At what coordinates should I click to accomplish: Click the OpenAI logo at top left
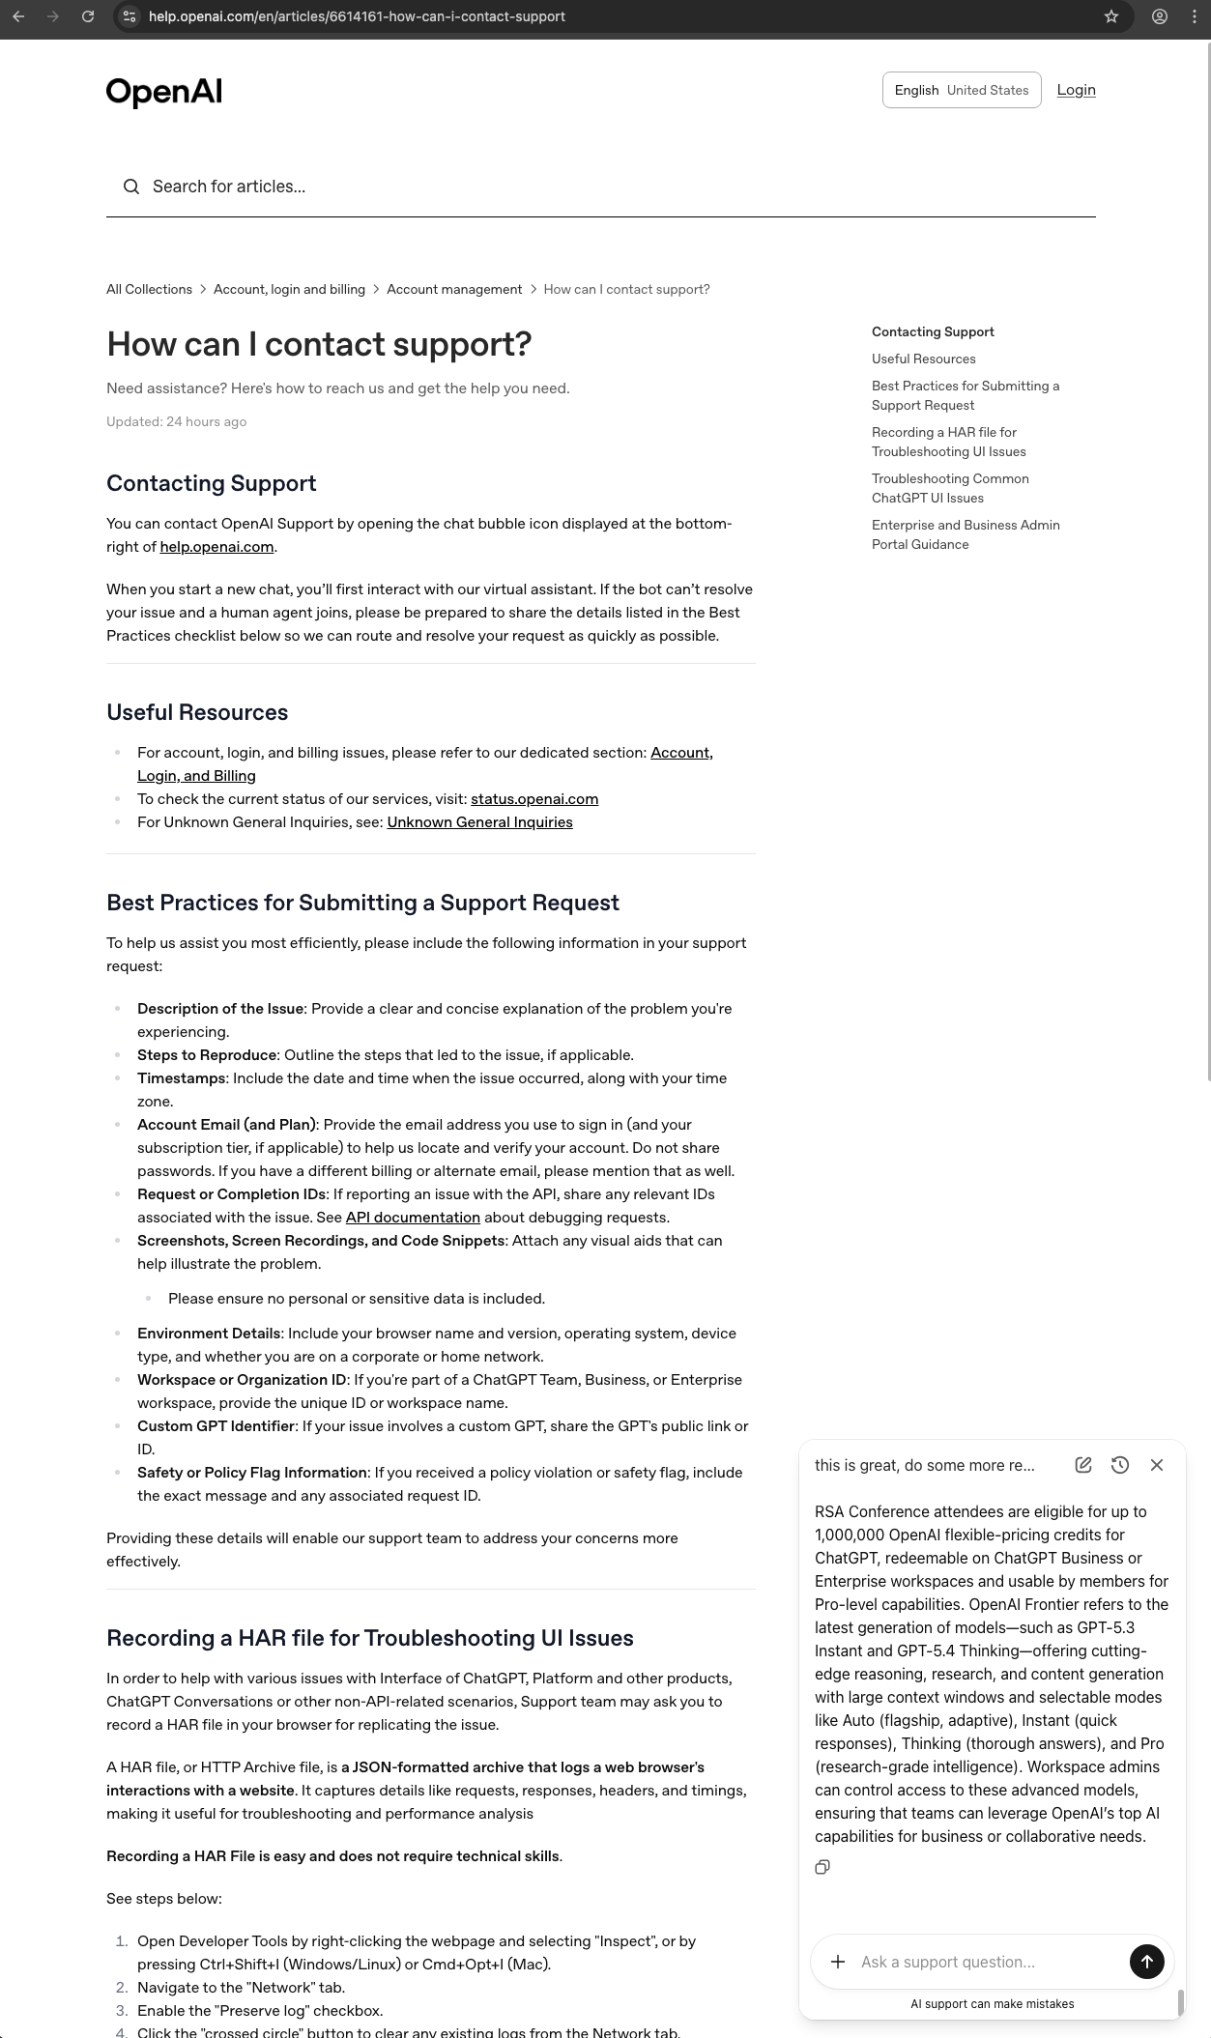pos(164,92)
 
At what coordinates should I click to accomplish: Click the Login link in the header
pos(1076,90)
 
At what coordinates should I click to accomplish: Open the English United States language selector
pos(961,90)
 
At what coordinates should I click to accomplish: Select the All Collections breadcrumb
pos(149,289)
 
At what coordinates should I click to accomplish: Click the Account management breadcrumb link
pos(454,289)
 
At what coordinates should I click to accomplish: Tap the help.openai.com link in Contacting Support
pos(216,547)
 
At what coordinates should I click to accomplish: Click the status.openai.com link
pos(534,799)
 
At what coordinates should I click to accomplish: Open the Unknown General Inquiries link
pos(479,822)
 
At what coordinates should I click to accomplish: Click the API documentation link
pos(413,1218)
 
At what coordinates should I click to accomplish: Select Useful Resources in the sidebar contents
pos(923,359)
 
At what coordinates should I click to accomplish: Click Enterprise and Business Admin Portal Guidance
pos(965,534)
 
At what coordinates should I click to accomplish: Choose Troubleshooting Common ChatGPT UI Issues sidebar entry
pos(949,488)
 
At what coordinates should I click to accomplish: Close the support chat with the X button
pos(1156,1465)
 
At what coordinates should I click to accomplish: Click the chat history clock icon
pos(1119,1465)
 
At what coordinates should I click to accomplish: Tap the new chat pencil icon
pos(1083,1465)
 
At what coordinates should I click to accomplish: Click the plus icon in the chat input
pos(838,1962)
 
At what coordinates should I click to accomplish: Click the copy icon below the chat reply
pos(822,1867)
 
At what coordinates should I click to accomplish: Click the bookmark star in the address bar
pos(1111,16)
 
